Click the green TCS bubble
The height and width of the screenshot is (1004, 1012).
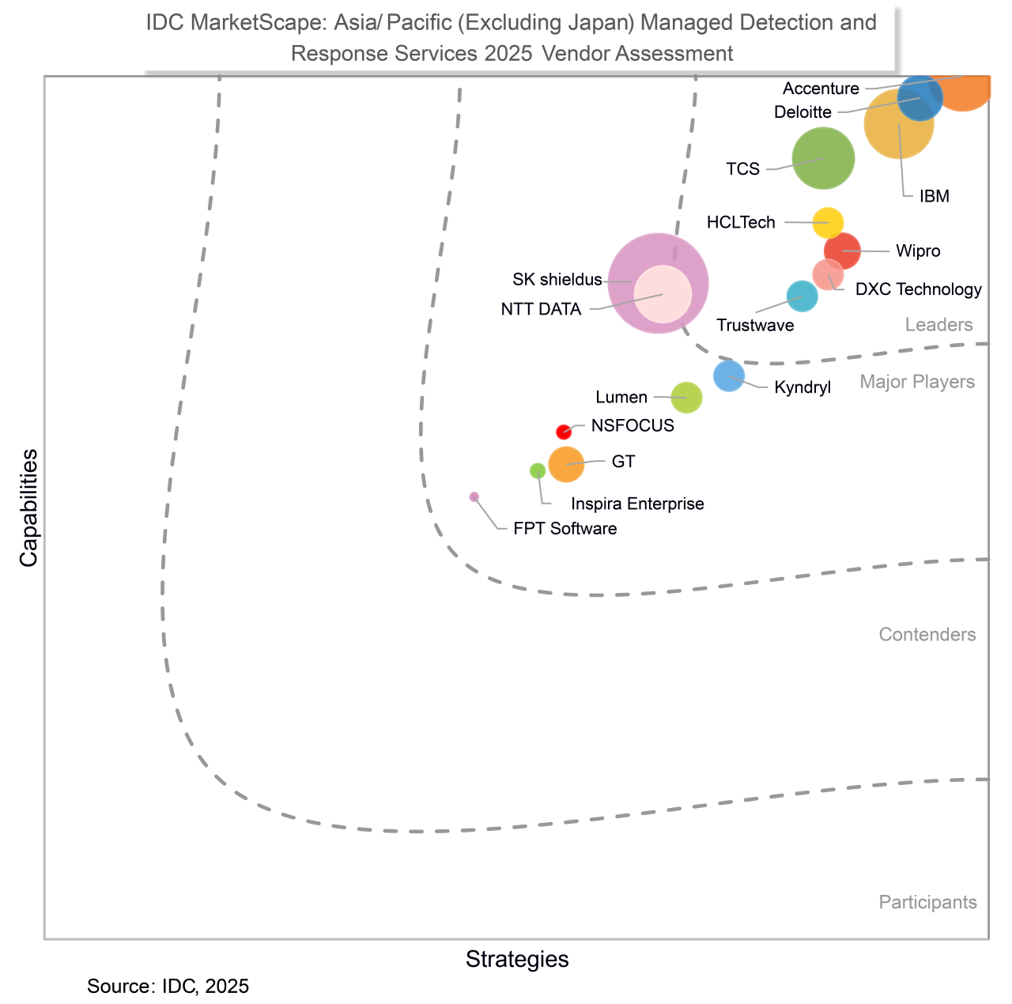(823, 158)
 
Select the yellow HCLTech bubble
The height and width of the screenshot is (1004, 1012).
(828, 223)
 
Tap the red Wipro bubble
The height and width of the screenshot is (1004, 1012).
(843, 250)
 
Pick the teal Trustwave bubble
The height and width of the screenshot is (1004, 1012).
(802, 296)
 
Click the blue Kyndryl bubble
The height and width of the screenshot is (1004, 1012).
(729, 376)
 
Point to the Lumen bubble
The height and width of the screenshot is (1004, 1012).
(686, 397)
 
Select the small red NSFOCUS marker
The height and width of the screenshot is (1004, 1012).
(564, 432)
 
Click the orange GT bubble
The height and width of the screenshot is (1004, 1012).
(566, 464)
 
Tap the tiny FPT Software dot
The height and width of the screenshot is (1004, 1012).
(474, 496)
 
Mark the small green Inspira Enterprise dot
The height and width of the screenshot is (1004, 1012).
(538, 470)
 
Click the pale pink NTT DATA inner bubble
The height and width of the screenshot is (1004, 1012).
(663, 294)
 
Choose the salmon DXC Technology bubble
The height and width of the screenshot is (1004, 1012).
(828, 274)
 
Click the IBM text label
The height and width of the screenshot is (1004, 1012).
(934, 196)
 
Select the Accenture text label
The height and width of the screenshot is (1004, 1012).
(821, 89)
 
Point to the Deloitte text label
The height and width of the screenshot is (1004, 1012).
(802, 112)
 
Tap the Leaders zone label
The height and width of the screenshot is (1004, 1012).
(938, 325)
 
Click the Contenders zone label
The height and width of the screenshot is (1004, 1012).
(927, 635)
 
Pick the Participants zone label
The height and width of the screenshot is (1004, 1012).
(927, 902)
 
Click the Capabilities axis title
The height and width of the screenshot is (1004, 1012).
(29, 508)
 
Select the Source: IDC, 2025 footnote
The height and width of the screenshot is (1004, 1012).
(168, 986)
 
